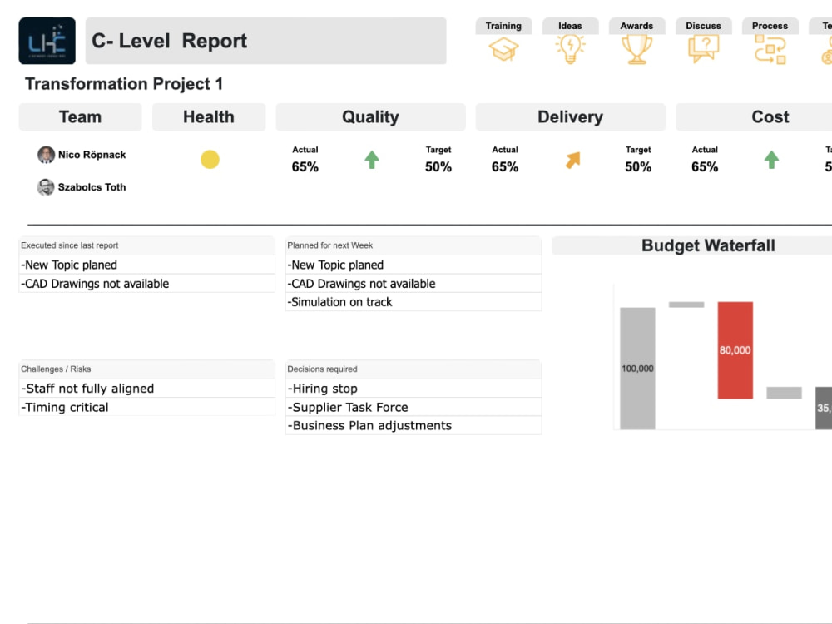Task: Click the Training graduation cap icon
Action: pyautogui.click(x=503, y=50)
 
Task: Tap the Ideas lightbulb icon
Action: pyautogui.click(x=570, y=50)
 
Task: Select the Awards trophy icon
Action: pyautogui.click(x=636, y=50)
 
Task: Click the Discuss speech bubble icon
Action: pyautogui.click(x=703, y=50)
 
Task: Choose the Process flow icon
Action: pyautogui.click(x=770, y=50)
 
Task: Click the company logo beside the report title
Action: pyautogui.click(x=47, y=41)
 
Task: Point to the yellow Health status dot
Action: pyautogui.click(x=210, y=160)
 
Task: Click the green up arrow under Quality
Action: pyautogui.click(x=372, y=160)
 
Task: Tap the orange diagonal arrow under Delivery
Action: pyautogui.click(x=572, y=160)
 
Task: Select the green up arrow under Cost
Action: pyautogui.click(x=771, y=160)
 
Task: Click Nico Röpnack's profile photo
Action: pyautogui.click(x=46, y=155)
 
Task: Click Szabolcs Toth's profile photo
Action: pyautogui.click(x=46, y=187)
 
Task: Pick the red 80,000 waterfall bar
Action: pyautogui.click(x=735, y=350)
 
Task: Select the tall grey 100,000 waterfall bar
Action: pyautogui.click(x=637, y=368)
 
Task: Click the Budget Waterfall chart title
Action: pyautogui.click(x=708, y=245)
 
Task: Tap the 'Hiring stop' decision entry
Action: pyautogui.click(x=324, y=389)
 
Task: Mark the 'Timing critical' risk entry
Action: pyautogui.click(x=66, y=407)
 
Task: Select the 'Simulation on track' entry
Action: pyautogui.click(x=340, y=302)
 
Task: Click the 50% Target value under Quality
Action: pyautogui.click(x=438, y=166)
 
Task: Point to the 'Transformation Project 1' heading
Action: pyautogui.click(x=124, y=84)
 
